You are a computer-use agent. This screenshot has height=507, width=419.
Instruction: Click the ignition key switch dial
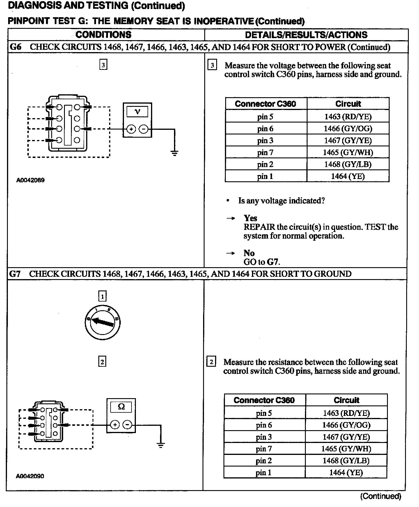tap(102, 322)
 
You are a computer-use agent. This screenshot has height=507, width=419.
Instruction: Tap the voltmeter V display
tap(137, 112)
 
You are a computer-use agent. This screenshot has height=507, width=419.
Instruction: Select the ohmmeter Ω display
tap(121, 407)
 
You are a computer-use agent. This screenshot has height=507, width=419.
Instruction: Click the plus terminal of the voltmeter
tap(131, 129)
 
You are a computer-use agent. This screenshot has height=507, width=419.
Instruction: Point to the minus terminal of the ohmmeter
tap(127, 425)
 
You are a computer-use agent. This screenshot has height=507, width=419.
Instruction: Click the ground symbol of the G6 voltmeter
tap(174, 153)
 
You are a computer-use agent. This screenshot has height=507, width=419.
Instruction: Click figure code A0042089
tap(30, 180)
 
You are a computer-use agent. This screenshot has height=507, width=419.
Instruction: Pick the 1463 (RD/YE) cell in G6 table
tap(348, 117)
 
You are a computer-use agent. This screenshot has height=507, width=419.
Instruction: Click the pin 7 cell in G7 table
tap(264, 449)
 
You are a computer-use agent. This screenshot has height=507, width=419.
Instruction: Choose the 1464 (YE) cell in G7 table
tap(346, 472)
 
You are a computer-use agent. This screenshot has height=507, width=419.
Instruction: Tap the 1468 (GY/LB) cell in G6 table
tap(348, 164)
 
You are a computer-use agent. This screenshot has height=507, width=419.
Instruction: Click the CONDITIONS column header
tap(103, 35)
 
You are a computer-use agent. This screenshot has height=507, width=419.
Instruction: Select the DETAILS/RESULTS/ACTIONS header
tap(306, 35)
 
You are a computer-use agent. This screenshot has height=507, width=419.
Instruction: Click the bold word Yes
tap(250, 218)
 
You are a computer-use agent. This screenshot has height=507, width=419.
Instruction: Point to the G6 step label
tap(15, 47)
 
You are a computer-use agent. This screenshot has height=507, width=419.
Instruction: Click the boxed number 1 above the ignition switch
tap(102, 297)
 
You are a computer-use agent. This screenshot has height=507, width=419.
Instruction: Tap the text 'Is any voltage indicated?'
tap(281, 201)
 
